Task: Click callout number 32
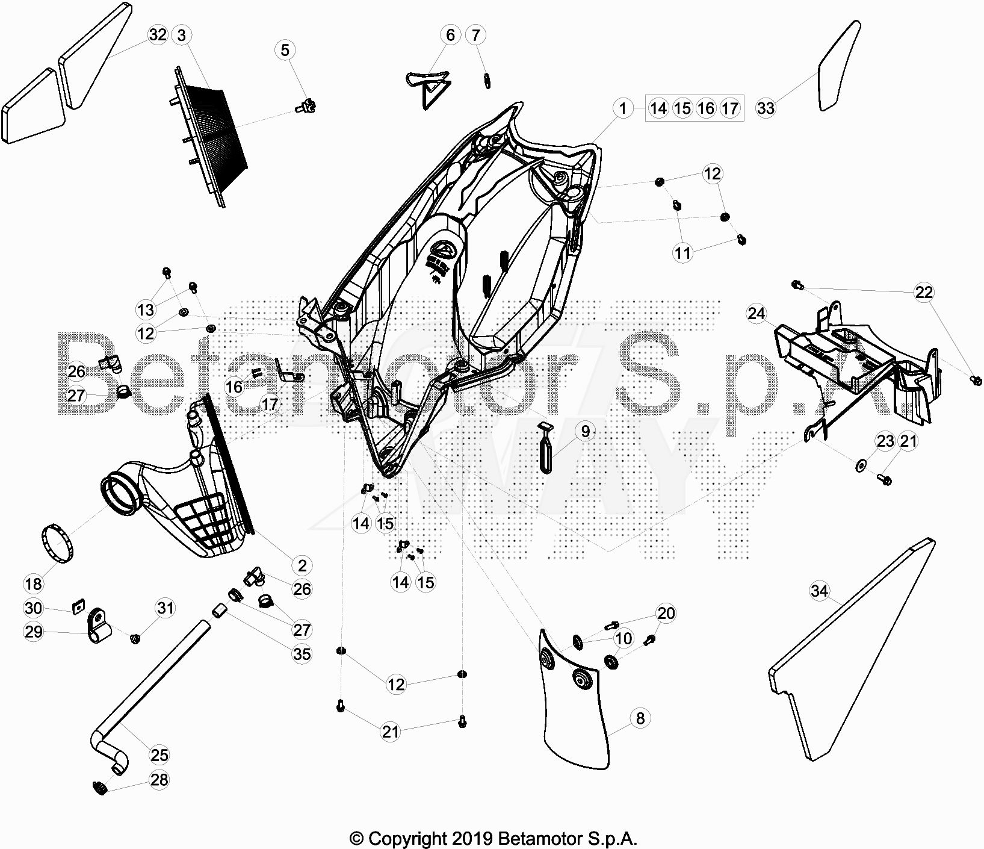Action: click(x=158, y=35)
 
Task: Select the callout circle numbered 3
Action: click(x=182, y=35)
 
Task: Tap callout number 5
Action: click(x=285, y=50)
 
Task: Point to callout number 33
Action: click(x=766, y=108)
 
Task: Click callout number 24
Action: click(x=757, y=314)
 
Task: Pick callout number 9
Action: click(x=585, y=431)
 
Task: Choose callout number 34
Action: click(x=819, y=591)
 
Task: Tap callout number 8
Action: click(x=640, y=718)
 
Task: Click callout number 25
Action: click(x=159, y=754)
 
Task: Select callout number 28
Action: click(x=159, y=780)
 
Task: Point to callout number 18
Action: click(x=33, y=583)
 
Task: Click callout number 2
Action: click(x=302, y=565)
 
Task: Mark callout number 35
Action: click(x=302, y=653)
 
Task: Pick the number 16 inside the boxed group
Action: click(x=706, y=108)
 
